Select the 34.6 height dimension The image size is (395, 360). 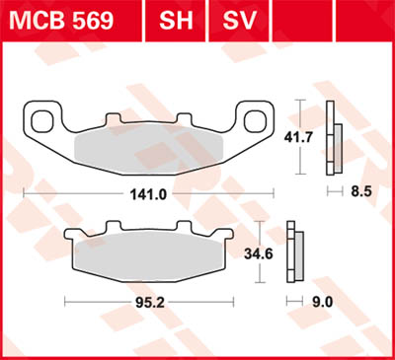(x=258, y=253)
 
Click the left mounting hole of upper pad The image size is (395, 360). (x=41, y=121)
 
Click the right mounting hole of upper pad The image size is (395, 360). (x=256, y=121)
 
